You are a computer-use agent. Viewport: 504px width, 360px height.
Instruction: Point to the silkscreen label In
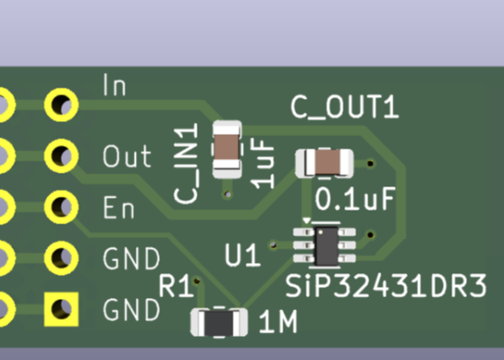pyautogui.click(x=114, y=86)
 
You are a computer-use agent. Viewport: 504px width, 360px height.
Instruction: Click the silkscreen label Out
pyautogui.click(x=126, y=155)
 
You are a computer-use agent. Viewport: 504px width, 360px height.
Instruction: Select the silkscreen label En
pyautogui.click(x=119, y=208)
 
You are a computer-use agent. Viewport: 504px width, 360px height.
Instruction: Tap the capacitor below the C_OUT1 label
pyautogui.click(x=324, y=163)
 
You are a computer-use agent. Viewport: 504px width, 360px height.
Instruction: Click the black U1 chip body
pyautogui.click(x=326, y=245)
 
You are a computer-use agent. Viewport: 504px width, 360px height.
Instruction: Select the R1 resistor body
pyautogui.click(x=219, y=321)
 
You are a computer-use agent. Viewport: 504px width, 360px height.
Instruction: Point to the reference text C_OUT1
pyautogui.click(x=344, y=107)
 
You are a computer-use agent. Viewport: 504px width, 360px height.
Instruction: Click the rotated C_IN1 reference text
pyautogui.click(x=187, y=164)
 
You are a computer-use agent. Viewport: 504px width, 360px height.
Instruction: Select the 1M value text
pyautogui.click(x=277, y=323)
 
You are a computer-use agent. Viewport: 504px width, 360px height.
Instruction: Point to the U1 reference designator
pyautogui.click(x=242, y=254)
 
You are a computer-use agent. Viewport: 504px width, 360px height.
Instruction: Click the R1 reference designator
pyautogui.click(x=176, y=285)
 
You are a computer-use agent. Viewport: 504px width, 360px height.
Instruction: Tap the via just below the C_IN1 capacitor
pyautogui.click(x=228, y=195)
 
